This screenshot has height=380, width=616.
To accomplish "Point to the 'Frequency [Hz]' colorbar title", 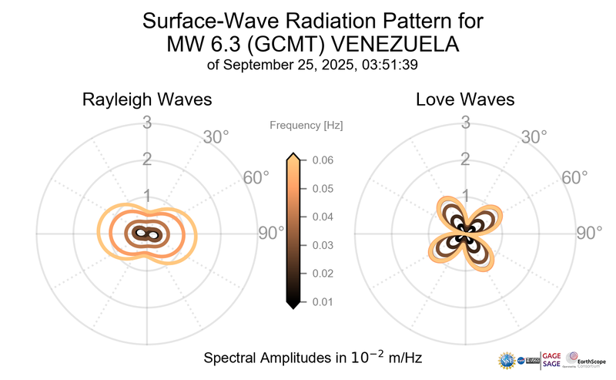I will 306,125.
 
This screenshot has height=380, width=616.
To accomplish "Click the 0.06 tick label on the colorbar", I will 322,160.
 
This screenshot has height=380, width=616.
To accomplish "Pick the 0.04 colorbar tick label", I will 322,217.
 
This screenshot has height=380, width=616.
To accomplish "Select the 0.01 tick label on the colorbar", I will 322,301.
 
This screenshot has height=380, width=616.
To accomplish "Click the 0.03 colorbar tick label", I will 322,245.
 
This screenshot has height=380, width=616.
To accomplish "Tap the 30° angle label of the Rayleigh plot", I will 216,138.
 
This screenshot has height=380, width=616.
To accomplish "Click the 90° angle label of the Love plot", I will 591,233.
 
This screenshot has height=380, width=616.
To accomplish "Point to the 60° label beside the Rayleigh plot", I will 256,178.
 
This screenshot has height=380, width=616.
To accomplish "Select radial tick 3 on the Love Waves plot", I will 465,122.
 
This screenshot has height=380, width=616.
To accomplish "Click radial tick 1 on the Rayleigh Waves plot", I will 146,196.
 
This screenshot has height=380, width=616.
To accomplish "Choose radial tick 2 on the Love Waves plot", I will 465,160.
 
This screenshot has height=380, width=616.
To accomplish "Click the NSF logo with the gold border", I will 507,360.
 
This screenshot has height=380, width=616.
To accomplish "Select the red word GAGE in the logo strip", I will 552,355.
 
